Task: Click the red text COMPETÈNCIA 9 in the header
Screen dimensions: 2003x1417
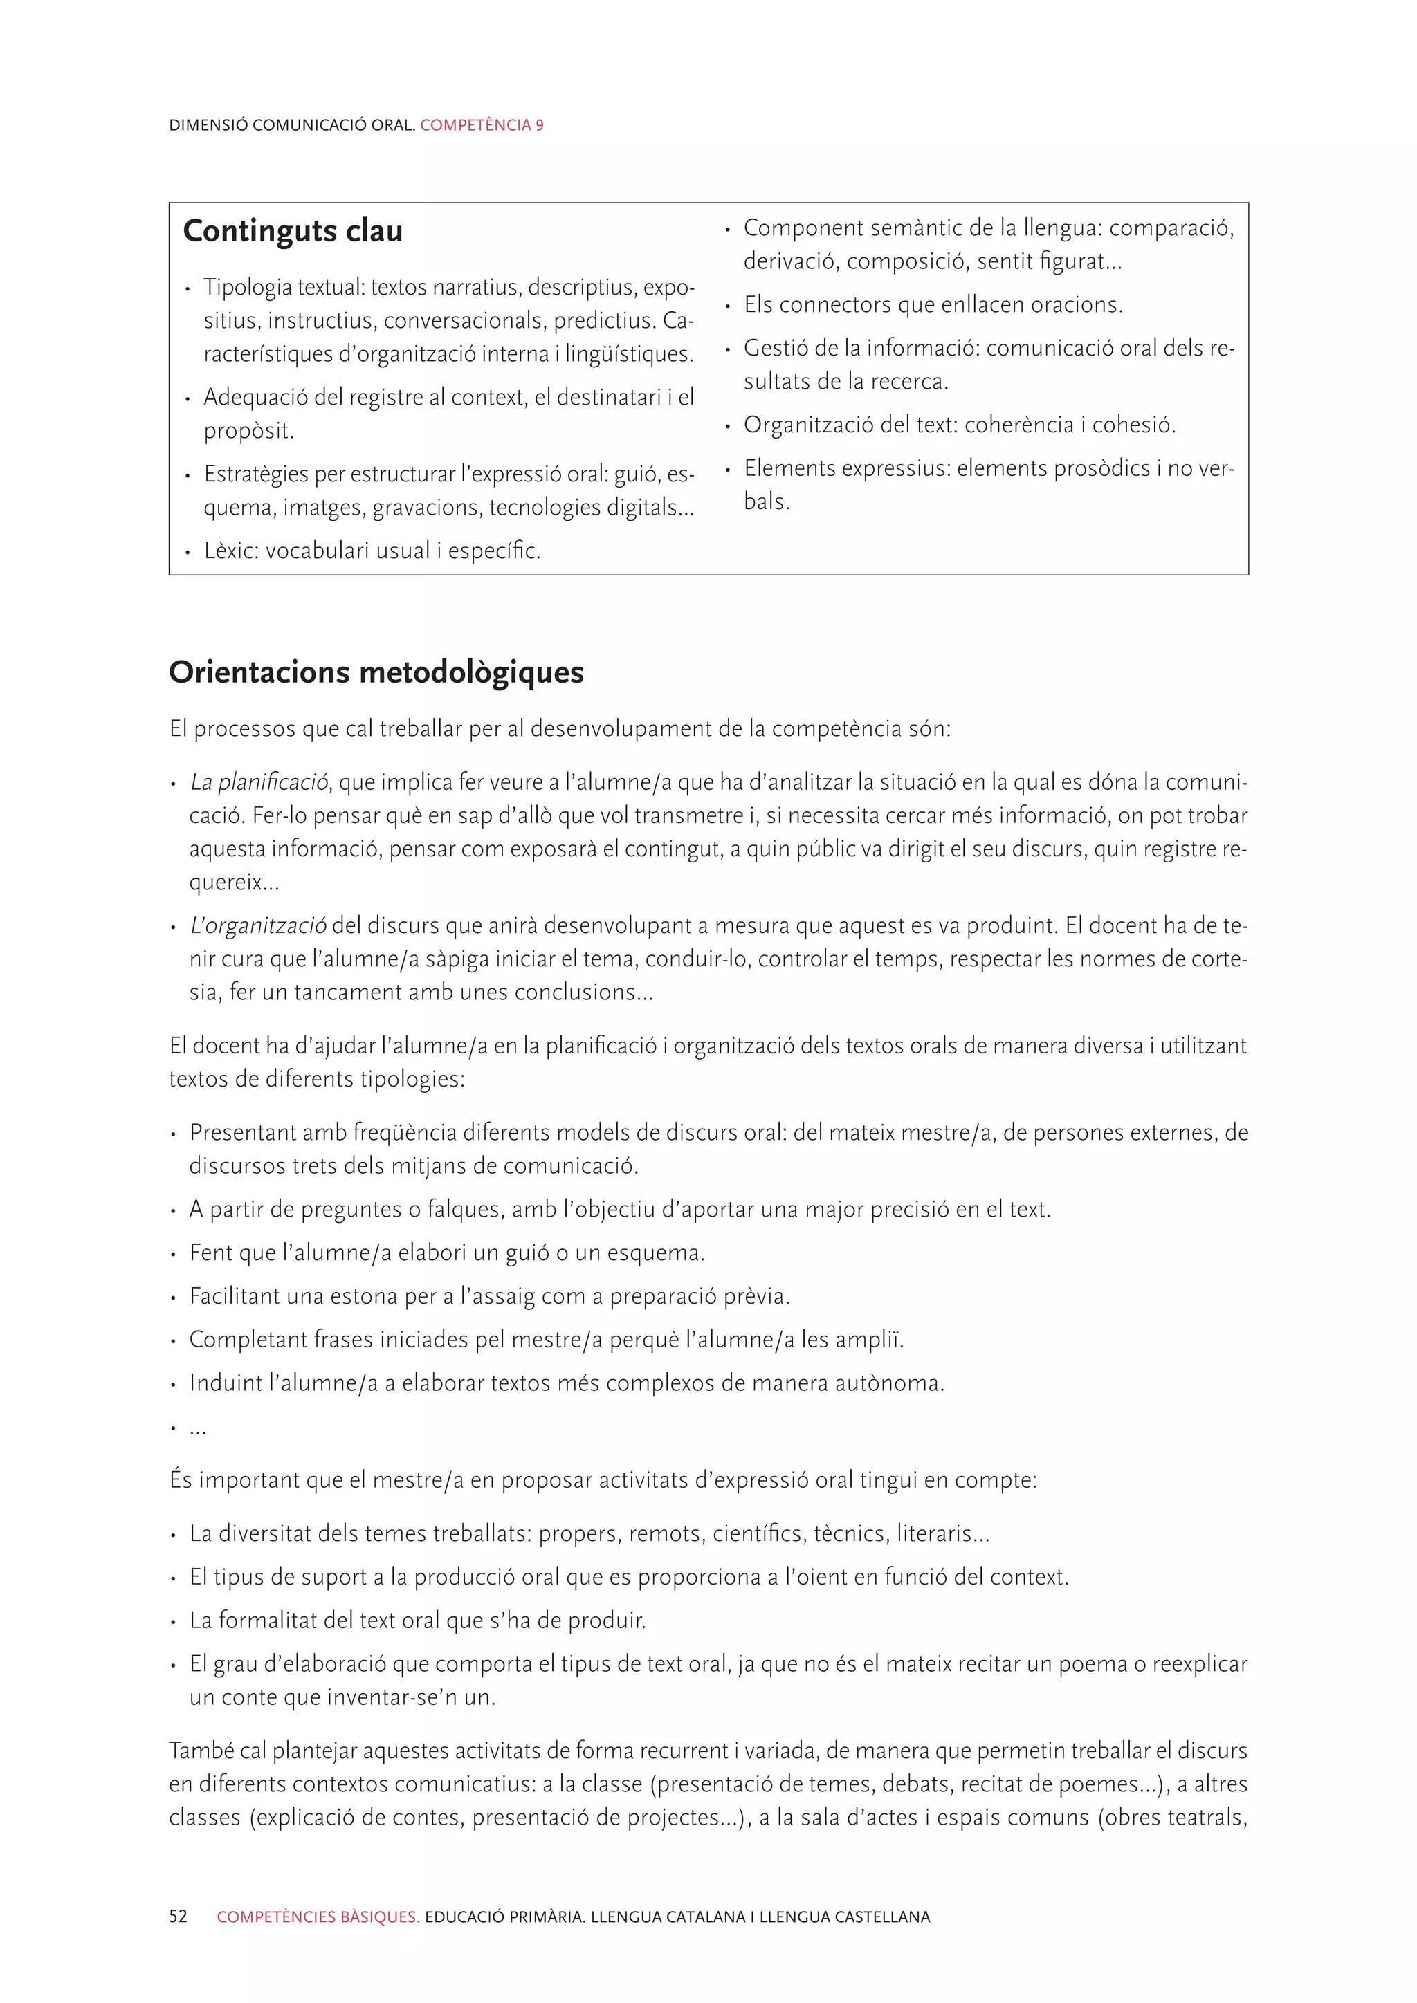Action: [x=482, y=124]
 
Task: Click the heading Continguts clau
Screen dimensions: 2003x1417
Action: [x=293, y=231]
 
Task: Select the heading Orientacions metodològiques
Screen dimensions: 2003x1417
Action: [x=376, y=672]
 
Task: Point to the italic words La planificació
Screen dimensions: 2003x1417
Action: [x=259, y=782]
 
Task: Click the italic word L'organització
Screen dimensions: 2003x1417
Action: [x=258, y=925]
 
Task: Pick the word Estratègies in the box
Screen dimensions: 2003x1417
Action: [x=257, y=474]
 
